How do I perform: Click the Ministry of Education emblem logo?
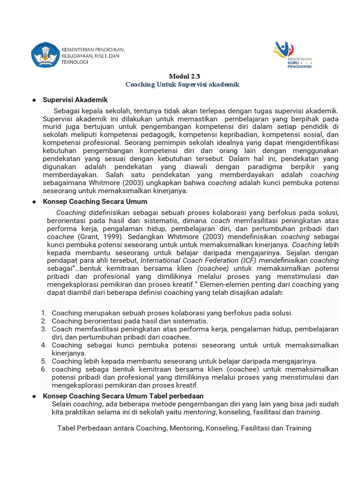click(x=45, y=55)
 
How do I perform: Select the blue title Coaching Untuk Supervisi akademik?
click(x=182, y=84)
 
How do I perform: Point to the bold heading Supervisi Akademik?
click(x=75, y=100)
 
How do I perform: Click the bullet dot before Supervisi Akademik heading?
click(x=34, y=100)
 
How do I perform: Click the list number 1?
click(x=44, y=313)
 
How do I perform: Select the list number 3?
click(x=44, y=329)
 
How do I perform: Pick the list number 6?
click(x=44, y=369)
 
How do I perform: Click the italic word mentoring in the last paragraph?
click(x=200, y=412)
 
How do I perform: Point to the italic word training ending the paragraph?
click(x=308, y=412)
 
